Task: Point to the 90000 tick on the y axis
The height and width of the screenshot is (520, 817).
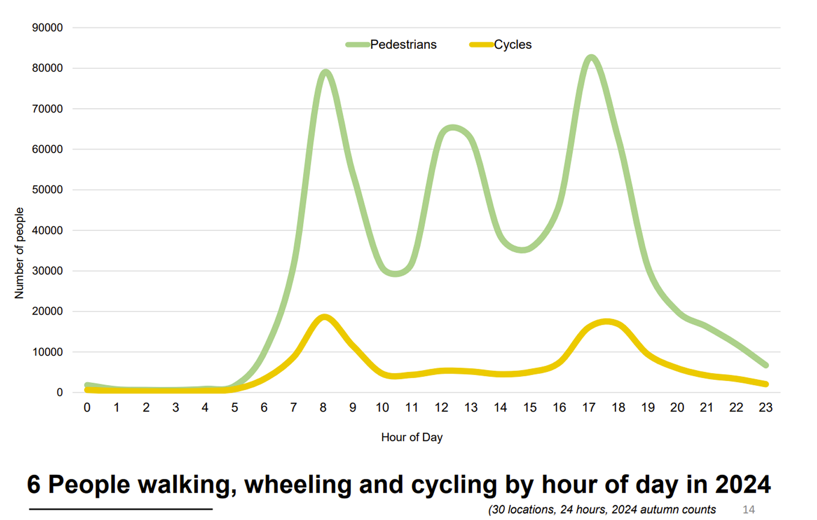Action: coord(47,28)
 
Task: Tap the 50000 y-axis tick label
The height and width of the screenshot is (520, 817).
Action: coord(47,190)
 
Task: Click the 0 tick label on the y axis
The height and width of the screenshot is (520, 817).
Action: coord(59,393)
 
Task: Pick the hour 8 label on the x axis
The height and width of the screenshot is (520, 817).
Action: coord(323,407)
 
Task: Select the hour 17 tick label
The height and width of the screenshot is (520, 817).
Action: coord(589,407)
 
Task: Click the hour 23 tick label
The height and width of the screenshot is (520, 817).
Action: coord(765,407)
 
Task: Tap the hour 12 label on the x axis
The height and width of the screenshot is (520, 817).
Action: coord(441,407)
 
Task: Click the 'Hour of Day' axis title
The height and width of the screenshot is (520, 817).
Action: coord(412,437)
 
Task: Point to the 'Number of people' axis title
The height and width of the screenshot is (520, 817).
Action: coord(19,253)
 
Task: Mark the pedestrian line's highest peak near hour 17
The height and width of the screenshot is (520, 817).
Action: coord(592,58)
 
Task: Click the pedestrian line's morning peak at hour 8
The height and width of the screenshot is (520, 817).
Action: coord(325,73)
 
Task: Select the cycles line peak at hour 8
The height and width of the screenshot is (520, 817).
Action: coord(325,317)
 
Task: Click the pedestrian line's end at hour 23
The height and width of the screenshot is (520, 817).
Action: coord(766,365)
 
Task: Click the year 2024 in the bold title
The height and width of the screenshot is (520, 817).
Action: coord(743,485)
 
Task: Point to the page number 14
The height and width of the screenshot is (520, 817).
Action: coord(749,509)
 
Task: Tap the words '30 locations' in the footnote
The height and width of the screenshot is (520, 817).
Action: coord(523,509)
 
